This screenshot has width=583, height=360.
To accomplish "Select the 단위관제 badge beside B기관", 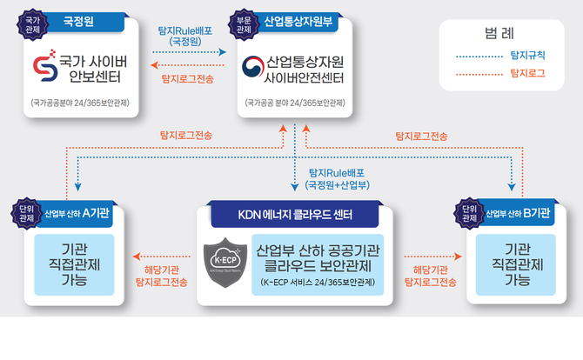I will [x=469, y=213].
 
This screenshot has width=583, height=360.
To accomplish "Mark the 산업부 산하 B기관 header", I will [x=518, y=213].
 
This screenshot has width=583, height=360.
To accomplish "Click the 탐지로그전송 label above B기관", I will [x=421, y=136].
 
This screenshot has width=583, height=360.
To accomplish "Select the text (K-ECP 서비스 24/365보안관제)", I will [x=318, y=283].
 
